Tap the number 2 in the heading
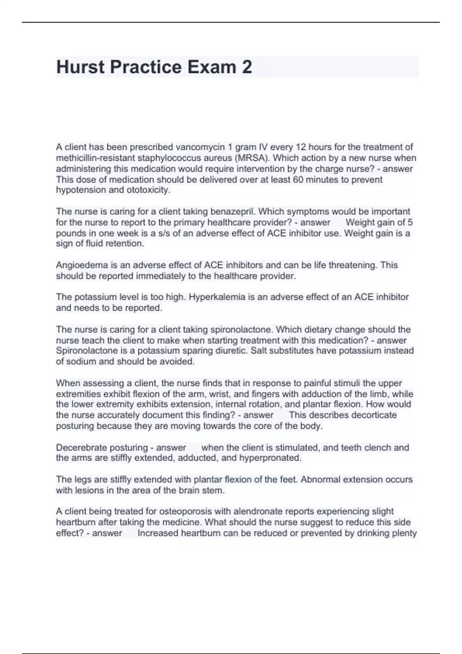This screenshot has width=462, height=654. click(247, 67)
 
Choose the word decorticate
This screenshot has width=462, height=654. click(372, 415)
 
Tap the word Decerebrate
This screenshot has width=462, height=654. click(82, 448)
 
